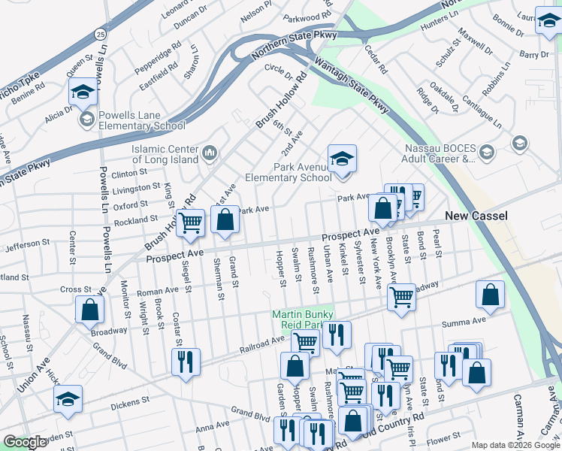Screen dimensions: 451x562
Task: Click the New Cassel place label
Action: [x=476, y=216]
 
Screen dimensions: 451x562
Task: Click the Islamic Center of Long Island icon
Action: [x=210, y=153]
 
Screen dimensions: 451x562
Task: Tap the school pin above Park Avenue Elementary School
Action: [x=342, y=159]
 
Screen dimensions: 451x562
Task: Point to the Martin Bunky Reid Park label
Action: [x=307, y=319]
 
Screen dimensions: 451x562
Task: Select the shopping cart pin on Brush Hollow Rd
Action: [x=191, y=222]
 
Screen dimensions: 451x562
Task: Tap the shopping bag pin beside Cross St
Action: [x=90, y=309]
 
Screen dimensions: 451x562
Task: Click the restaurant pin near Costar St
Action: [x=186, y=362]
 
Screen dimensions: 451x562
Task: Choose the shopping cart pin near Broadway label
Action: [x=402, y=297]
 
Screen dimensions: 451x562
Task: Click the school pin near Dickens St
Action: [x=68, y=399]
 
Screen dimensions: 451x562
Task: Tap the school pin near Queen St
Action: [x=83, y=92]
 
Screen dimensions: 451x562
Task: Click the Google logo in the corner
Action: [x=25, y=442]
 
